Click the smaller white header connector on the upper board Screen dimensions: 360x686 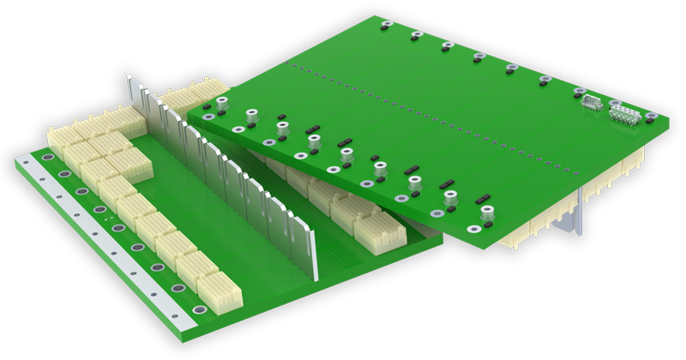[x=591, y=102]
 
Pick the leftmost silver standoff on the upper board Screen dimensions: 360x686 [x=222, y=103]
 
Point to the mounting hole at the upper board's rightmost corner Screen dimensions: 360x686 [x=652, y=116]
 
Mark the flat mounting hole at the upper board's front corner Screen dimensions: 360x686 [x=472, y=229]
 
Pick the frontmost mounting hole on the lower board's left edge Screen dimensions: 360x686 [x=199, y=309]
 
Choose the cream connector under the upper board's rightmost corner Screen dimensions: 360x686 [x=630, y=163]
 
